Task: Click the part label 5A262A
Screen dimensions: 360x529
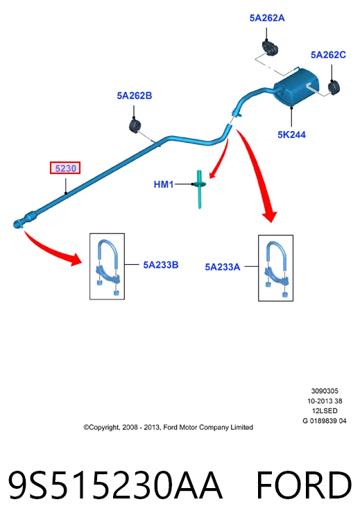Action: [267, 18]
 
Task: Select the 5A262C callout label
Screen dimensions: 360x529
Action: [328, 55]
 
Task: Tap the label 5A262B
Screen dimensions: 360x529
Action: [135, 96]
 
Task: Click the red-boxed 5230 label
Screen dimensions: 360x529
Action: [65, 168]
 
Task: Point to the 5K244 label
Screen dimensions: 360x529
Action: [291, 135]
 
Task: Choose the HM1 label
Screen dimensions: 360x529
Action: [164, 184]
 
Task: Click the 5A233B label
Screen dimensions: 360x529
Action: [161, 265]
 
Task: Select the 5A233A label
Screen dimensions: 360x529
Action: [223, 267]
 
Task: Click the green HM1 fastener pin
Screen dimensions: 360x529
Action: [199, 189]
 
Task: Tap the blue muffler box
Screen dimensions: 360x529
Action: [296, 87]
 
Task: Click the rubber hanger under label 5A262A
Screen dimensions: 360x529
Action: [270, 47]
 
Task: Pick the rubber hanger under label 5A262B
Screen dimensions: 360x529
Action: [135, 125]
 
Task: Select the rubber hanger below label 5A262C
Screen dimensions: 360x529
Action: [334, 88]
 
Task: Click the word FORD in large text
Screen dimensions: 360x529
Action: [304, 485]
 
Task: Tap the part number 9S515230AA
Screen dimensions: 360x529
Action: [114, 485]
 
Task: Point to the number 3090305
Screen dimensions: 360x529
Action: [325, 391]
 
